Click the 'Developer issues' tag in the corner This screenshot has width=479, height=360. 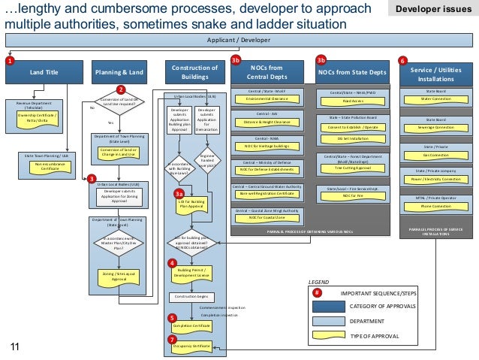tap(433, 8)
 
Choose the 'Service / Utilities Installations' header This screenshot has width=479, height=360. tap(437, 73)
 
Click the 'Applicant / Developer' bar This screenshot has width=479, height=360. tap(239, 41)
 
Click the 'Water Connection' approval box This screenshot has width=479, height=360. tap(436, 98)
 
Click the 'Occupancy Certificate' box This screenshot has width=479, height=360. tap(191, 345)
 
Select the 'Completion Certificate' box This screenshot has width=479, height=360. tap(191, 325)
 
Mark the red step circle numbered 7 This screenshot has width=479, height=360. tap(172, 339)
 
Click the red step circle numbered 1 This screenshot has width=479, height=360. tap(9, 60)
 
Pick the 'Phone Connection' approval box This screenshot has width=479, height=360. tap(436, 206)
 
